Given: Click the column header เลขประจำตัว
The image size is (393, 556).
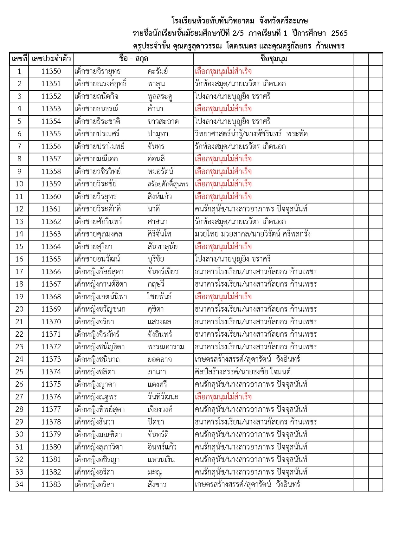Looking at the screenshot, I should point(51,59).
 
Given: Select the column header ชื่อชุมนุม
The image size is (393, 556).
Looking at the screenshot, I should point(274,59).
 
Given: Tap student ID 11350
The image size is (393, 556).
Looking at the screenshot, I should point(51,71).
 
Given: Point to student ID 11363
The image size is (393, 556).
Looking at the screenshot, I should point(51,234).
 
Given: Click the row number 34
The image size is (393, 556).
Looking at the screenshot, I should point(19,485).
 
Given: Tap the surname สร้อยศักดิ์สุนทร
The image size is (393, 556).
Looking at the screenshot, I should point(168,184).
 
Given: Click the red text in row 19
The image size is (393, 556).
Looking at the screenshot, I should point(223,297).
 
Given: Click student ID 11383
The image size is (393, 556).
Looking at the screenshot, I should point(51,485).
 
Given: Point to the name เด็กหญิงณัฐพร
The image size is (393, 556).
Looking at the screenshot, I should point(96,397).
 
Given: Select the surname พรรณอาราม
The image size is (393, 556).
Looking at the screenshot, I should point(166,347).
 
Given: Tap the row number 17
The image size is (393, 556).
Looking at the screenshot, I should point(19,272).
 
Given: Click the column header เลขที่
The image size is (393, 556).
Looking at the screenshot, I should point(19,59).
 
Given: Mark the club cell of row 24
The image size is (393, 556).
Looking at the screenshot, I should point(247,359).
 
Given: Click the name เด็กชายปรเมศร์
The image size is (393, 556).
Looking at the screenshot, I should point(97,134).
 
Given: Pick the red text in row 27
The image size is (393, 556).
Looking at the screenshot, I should point(223,397).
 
